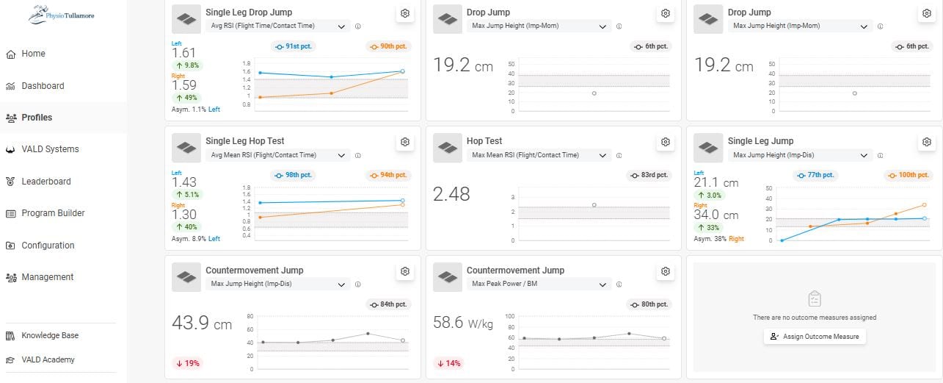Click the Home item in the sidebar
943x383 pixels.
(x=25, y=54)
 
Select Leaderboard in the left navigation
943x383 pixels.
(x=38, y=182)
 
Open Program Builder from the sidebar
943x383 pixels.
(x=45, y=213)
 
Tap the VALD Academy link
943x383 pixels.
(x=40, y=359)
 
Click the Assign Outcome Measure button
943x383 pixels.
(x=815, y=336)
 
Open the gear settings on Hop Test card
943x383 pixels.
(x=665, y=142)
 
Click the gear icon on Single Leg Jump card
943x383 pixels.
(x=926, y=142)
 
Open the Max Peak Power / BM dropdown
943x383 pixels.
(x=539, y=284)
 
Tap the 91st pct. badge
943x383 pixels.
(x=293, y=46)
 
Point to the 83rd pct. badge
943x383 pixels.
(x=649, y=175)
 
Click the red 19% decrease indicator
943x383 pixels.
(x=188, y=363)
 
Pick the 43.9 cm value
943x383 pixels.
(x=202, y=323)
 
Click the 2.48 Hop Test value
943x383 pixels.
(x=451, y=194)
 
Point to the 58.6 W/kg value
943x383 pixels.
(x=462, y=323)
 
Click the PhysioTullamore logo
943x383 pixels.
(x=62, y=15)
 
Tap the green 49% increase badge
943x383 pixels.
(x=186, y=98)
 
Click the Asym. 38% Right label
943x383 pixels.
(x=718, y=239)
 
